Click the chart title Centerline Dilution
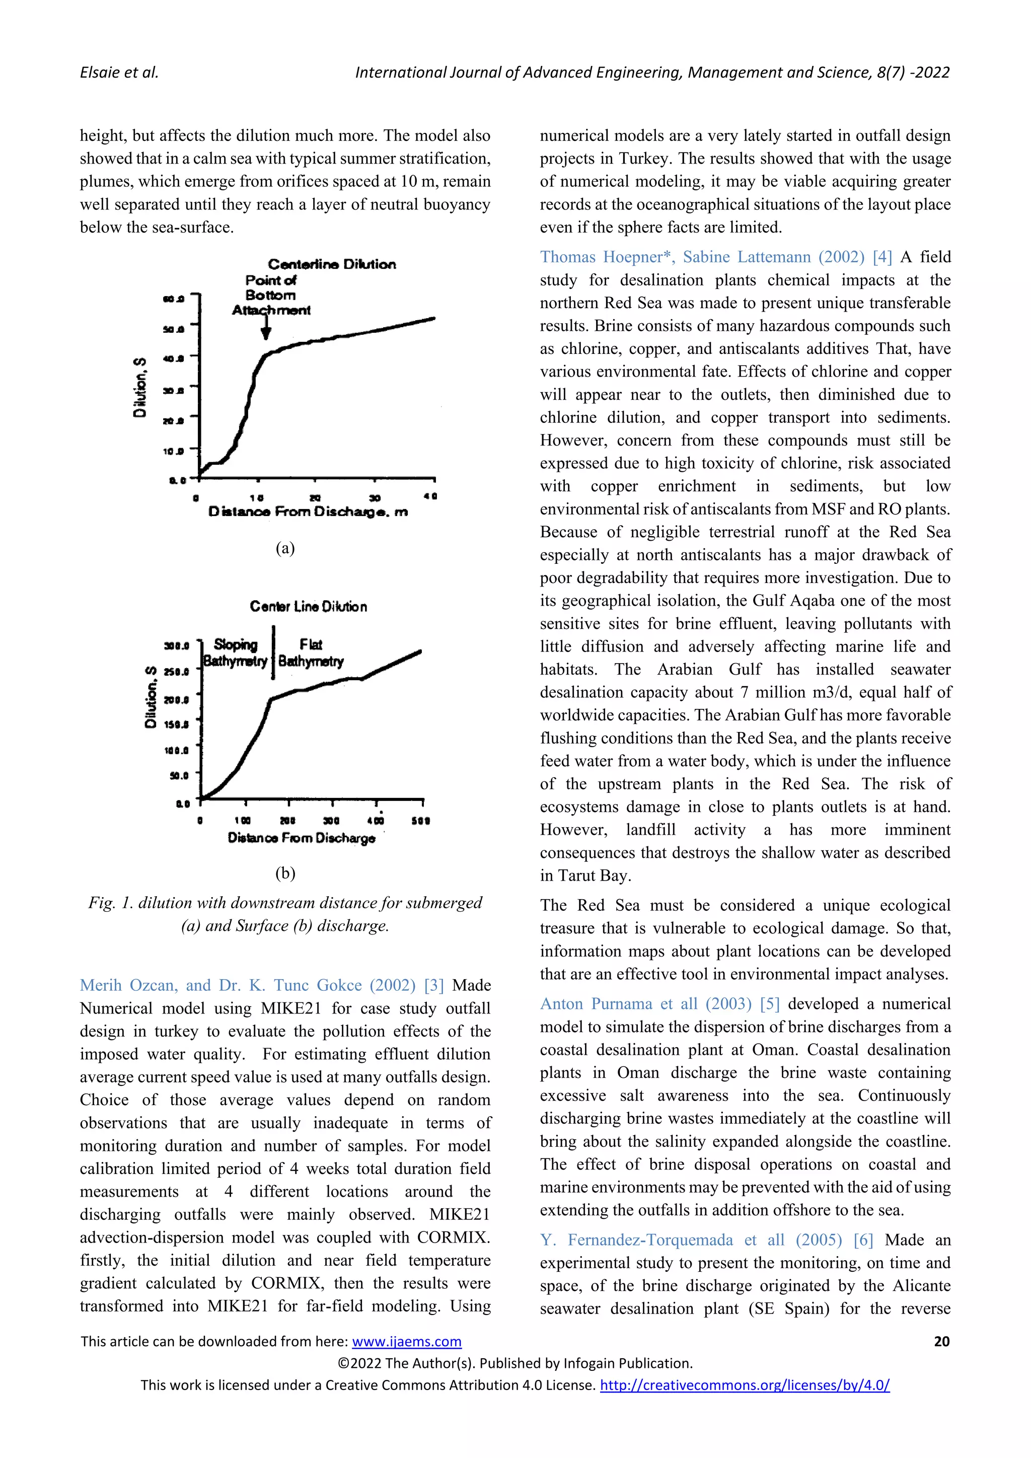coord(331,264)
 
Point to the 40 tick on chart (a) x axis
coord(430,496)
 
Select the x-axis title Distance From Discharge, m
coord(308,512)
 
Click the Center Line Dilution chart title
coord(308,607)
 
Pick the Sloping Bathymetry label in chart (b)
coord(235,653)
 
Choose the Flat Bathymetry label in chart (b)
coord(311,653)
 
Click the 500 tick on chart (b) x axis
coord(421,821)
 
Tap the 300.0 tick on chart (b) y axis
coord(177,646)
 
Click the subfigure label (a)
coord(285,548)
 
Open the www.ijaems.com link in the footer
coord(406,1341)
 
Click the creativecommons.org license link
coord(745,1385)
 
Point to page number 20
coord(941,1341)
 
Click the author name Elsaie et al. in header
coord(119,72)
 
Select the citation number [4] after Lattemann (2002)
coord(882,257)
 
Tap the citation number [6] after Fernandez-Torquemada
coord(863,1240)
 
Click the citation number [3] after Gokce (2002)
coord(434,986)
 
